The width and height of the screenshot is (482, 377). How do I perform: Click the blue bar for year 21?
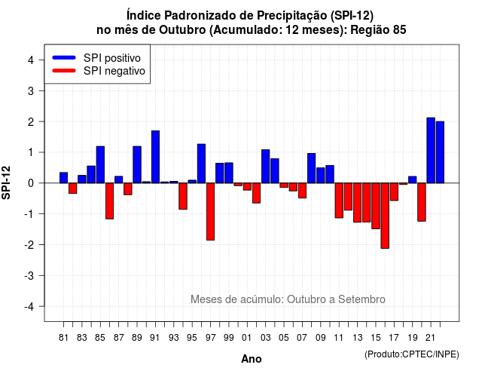pyautogui.click(x=431, y=150)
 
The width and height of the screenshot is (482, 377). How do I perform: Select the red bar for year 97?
pyautogui.click(x=210, y=211)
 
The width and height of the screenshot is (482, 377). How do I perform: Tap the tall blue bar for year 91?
pyautogui.click(x=155, y=157)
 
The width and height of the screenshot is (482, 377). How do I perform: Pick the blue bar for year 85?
pyautogui.click(x=100, y=164)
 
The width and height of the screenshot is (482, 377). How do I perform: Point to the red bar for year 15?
pyautogui.click(x=376, y=206)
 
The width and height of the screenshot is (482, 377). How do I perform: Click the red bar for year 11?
pyautogui.click(x=339, y=201)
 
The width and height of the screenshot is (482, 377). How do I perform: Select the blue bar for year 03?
pyautogui.click(x=266, y=166)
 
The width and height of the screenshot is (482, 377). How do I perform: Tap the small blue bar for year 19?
pyautogui.click(x=412, y=179)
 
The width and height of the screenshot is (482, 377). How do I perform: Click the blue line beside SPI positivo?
pyautogui.click(x=64, y=57)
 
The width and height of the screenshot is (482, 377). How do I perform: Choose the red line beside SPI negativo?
pyautogui.click(x=64, y=70)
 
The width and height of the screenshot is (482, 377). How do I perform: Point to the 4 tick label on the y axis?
pyautogui.click(x=31, y=60)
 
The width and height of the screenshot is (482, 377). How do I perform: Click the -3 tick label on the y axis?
pyautogui.click(x=29, y=275)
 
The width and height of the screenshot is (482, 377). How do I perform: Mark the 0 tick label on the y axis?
pyautogui.click(x=31, y=183)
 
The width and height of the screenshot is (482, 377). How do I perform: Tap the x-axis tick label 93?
pyautogui.click(x=174, y=338)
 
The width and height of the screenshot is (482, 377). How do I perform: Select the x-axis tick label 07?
pyautogui.click(x=302, y=338)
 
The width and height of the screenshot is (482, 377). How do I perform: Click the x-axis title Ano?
pyautogui.click(x=252, y=359)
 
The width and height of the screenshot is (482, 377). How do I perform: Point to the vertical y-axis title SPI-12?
pyautogui.click(x=6, y=182)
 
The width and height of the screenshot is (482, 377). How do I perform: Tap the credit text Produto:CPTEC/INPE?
pyautogui.click(x=412, y=354)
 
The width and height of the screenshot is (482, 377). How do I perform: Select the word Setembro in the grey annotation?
pyautogui.click(x=361, y=299)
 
